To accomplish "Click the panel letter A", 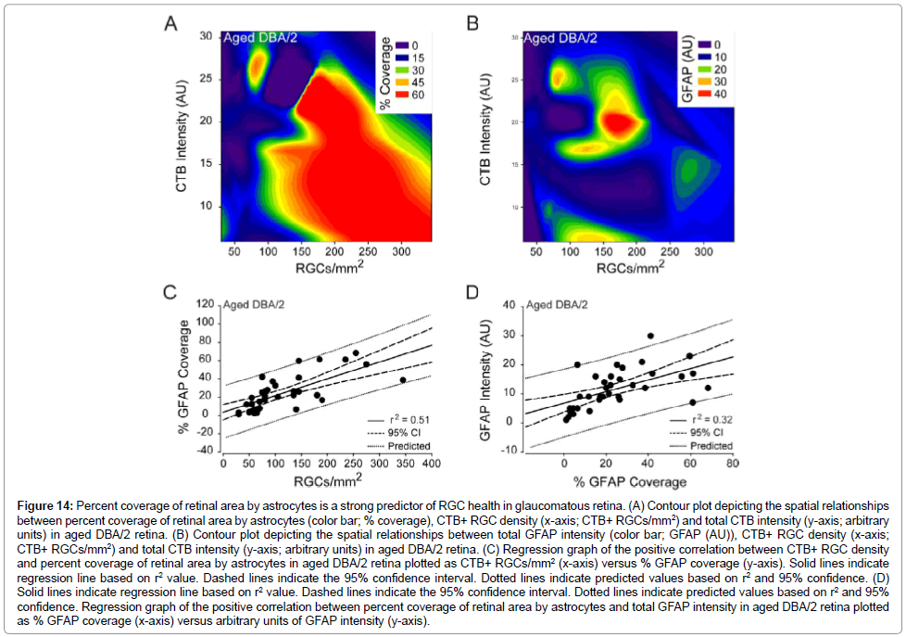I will tap(170, 23).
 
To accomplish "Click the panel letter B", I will tap(472, 23).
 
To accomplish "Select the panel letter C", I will tap(170, 293).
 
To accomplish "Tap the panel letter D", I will tap(472, 293).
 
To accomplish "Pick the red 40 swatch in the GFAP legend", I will tap(703, 96).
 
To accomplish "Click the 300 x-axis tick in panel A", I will tap(401, 250).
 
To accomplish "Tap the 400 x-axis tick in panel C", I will tap(431, 464).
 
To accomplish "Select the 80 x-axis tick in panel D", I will tap(732, 464).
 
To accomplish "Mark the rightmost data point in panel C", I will tap(403, 379).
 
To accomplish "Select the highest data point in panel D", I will tap(650, 336).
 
